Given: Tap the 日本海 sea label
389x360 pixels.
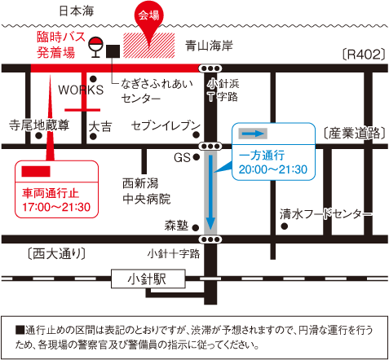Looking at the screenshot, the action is pyautogui.click(x=77, y=11).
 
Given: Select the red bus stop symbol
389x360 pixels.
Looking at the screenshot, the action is pyautogui.click(x=96, y=47).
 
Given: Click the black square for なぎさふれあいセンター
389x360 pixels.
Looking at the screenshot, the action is pyautogui.click(x=113, y=51).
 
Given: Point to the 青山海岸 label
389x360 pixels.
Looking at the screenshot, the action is pyautogui.click(x=209, y=46).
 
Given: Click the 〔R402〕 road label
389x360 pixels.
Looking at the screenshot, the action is pyautogui.click(x=364, y=55).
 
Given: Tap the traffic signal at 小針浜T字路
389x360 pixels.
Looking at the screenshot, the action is pyautogui.click(x=210, y=68).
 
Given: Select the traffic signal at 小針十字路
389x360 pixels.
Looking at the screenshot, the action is pyautogui.click(x=210, y=239).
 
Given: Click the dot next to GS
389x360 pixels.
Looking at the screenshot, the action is pyautogui.click(x=197, y=156).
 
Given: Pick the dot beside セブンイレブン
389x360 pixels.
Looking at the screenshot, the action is pyautogui.click(x=197, y=134).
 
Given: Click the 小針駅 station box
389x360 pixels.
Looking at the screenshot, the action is pyautogui.click(x=148, y=279).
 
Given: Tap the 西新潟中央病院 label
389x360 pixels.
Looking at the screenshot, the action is pyautogui.click(x=147, y=191).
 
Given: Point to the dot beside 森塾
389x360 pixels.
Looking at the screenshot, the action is pyautogui.click(x=196, y=227).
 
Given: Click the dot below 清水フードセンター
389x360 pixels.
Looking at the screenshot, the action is pyautogui.click(x=285, y=226).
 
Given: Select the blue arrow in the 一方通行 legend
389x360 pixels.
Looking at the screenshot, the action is pyautogui.click(x=253, y=134).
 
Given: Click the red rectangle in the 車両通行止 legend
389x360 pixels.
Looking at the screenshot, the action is pyautogui.click(x=36, y=172).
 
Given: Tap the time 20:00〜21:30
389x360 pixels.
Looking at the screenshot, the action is pyautogui.click(x=273, y=169).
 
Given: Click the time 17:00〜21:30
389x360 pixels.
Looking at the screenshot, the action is pyautogui.click(x=56, y=207).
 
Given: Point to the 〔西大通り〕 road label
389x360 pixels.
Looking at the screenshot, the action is pyautogui.click(x=56, y=254).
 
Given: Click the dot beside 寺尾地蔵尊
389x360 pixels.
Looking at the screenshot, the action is pyautogui.click(x=39, y=135).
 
